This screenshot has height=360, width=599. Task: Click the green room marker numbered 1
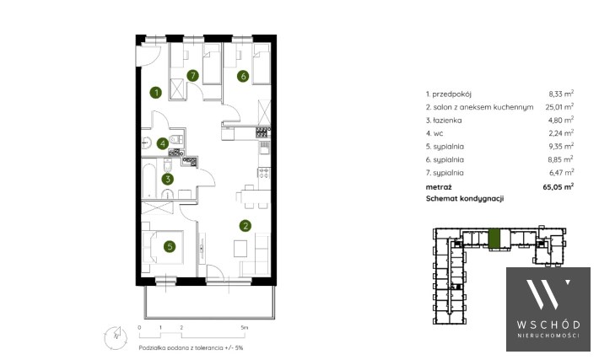(x=155, y=93)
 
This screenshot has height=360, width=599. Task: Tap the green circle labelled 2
(x=246, y=226)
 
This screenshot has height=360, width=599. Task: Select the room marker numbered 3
(x=167, y=179)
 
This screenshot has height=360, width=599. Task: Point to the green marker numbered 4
(x=163, y=143)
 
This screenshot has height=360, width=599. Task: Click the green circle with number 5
(x=170, y=247)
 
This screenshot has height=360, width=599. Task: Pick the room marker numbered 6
(x=243, y=76)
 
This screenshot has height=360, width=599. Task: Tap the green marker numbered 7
(x=193, y=76)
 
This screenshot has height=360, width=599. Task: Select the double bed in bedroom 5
(x=163, y=247)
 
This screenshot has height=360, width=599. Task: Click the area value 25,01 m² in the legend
(x=559, y=106)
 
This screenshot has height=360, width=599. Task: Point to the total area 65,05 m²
(x=559, y=186)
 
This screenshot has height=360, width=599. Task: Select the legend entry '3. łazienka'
(x=444, y=121)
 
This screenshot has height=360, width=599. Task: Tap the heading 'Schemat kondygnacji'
(x=465, y=198)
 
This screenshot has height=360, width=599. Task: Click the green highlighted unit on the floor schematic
(x=494, y=239)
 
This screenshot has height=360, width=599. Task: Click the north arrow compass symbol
(x=116, y=337)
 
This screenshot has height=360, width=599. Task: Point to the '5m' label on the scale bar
(x=245, y=328)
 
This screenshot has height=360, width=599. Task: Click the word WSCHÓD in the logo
(x=548, y=325)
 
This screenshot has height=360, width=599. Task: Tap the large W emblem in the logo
(x=548, y=294)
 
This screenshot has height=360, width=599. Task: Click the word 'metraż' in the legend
(x=439, y=187)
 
